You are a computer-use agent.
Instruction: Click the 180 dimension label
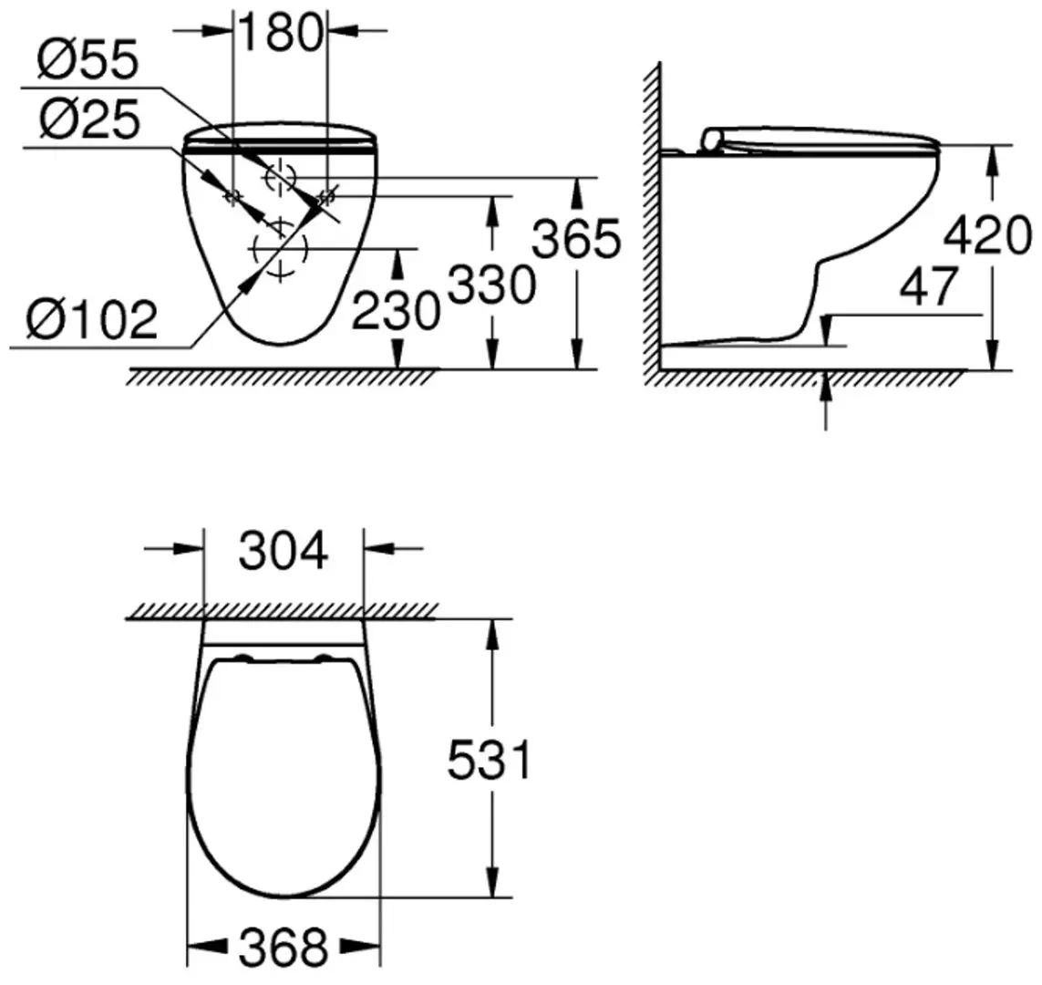click(281, 33)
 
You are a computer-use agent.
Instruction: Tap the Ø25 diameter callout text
click(88, 119)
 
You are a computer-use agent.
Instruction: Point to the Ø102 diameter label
click(91, 320)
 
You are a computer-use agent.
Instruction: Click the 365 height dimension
click(576, 240)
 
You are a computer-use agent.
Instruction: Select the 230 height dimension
click(396, 311)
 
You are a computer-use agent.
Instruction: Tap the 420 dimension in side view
click(986, 236)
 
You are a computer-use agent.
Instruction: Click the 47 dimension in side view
click(928, 287)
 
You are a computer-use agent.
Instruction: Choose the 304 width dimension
click(283, 551)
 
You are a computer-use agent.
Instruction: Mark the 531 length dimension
click(490, 760)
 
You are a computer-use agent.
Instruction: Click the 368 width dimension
click(283, 948)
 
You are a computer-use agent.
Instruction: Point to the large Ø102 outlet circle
click(281, 247)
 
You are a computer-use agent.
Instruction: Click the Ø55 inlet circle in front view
click(281, 176)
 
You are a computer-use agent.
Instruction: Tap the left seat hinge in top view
click(243, 658)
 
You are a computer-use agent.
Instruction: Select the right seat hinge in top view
click(323, 658)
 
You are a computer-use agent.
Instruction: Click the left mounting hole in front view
click(232, 195)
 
